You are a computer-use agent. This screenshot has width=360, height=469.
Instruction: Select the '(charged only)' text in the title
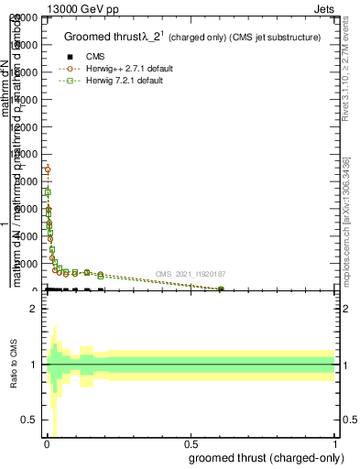[203, 38]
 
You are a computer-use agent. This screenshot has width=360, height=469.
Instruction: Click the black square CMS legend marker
[70, 57]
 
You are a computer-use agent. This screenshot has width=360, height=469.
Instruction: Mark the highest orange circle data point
[48, 169]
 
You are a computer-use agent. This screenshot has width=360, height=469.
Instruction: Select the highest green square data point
[48, 192]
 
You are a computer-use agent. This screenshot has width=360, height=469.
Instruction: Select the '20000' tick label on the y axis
[25, 18]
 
